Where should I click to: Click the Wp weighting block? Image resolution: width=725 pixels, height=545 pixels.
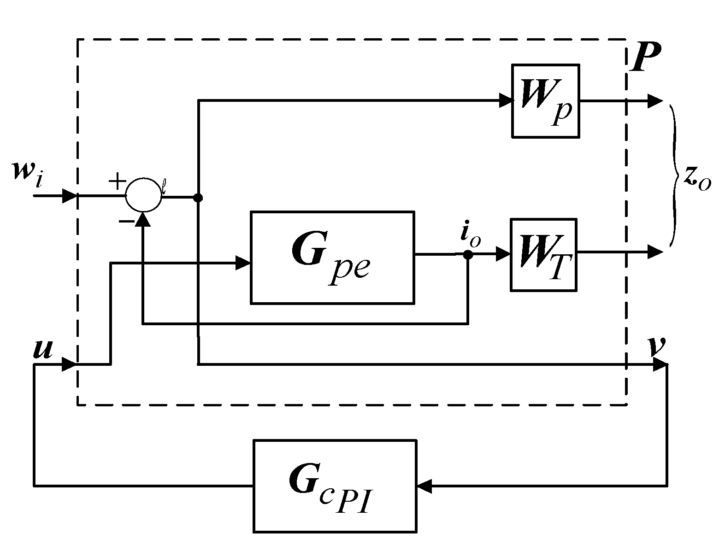coord(545,101)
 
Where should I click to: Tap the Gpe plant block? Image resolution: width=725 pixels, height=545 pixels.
coord(332,258)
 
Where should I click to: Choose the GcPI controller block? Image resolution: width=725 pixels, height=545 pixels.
coord(335,486)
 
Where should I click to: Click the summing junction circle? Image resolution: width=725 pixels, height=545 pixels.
coord(144,195)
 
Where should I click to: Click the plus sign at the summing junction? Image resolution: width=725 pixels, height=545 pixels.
coord(117,182)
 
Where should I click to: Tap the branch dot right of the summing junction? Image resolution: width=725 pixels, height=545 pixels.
coord(198,198)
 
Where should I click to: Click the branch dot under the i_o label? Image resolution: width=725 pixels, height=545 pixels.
coord(468,254)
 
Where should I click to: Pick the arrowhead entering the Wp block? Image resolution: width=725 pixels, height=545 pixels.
coord(506,101)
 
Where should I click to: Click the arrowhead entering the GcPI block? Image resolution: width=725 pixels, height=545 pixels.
coord(424,486)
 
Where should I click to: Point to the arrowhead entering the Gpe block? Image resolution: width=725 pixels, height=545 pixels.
coord(243,263)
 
